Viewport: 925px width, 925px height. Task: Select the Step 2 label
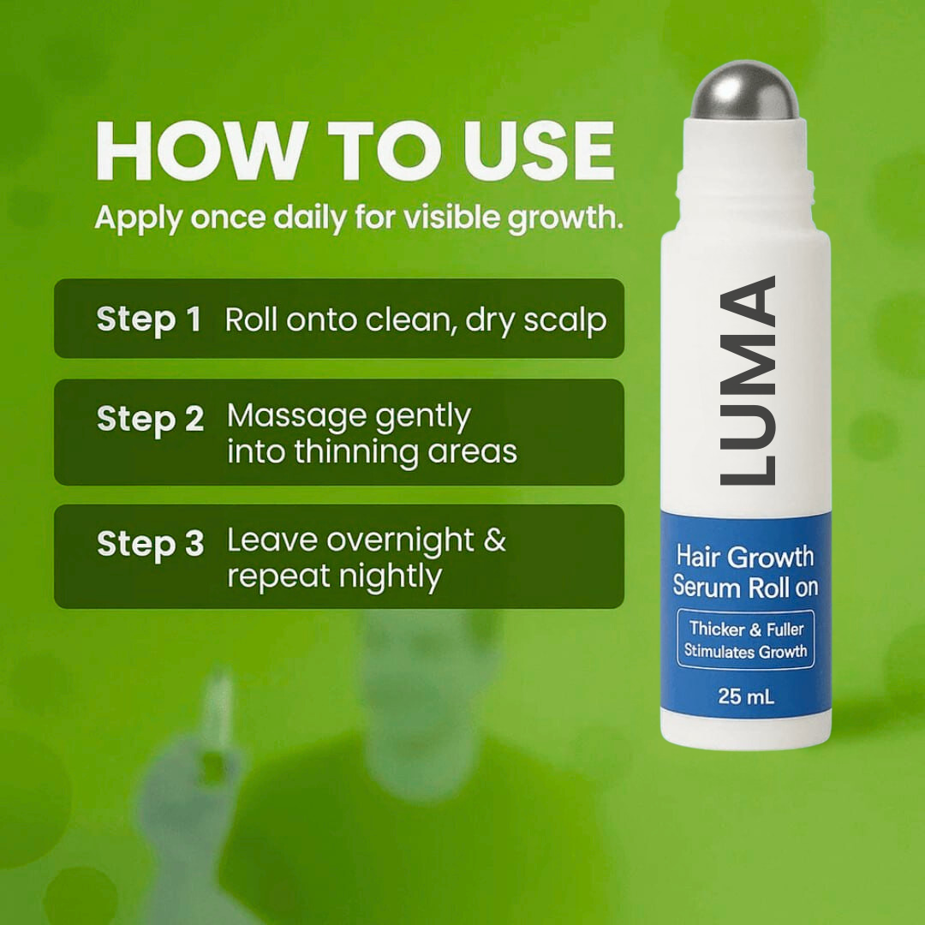point(150,420)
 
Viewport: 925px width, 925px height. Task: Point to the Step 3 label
point(150,545)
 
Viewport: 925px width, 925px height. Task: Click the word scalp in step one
point(561,320)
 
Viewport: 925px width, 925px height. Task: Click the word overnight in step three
point(399,540)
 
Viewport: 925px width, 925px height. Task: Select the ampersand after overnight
point(494,541)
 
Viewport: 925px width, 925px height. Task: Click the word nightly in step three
point(390,576)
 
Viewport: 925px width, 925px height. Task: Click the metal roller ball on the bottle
point(744,92)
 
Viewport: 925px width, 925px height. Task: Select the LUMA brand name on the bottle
point(747,380)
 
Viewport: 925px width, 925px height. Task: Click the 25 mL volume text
point(745,696)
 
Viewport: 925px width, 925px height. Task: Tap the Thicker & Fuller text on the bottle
point(745,629)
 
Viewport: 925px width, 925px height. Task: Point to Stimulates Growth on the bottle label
point(745,651)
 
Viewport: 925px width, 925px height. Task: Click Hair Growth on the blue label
point(744,557)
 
